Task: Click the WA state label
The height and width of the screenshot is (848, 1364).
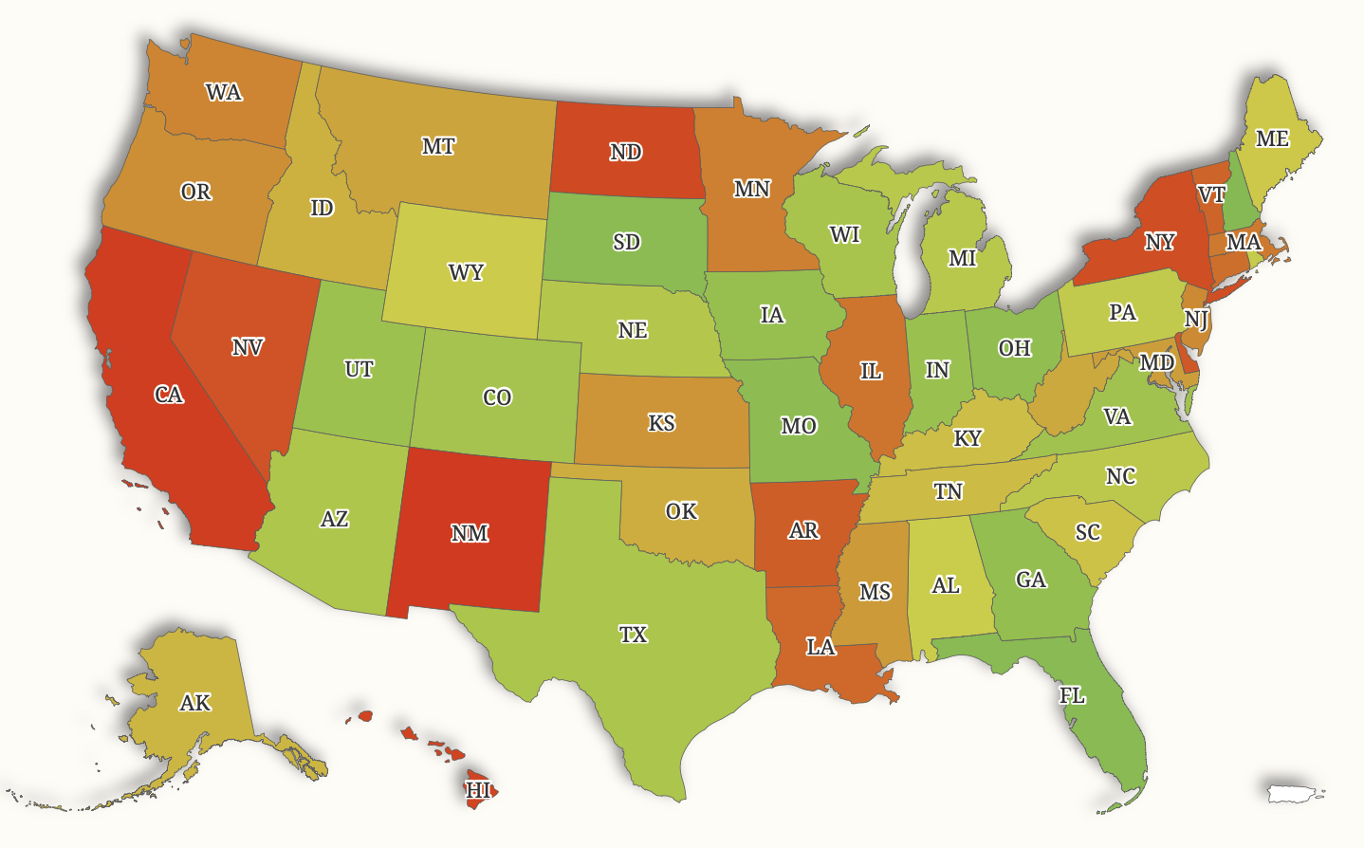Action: point(224,93)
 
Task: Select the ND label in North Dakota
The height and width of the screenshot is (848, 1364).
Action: point(625,152)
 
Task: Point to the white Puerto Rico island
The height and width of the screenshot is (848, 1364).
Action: point(1294,792)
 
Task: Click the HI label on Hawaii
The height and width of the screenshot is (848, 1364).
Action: point(479,789)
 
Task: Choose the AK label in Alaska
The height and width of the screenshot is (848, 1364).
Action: point(195,703)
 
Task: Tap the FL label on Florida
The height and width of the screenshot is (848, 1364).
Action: point(1072,695)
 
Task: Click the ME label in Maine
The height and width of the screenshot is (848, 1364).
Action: point(1272,139)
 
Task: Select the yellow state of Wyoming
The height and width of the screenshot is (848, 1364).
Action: point(466,273)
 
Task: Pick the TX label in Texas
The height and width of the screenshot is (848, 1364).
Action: point(633,635)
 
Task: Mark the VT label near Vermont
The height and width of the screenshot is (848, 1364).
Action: point(1211,195)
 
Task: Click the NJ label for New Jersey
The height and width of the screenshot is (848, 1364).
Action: point(1195,320)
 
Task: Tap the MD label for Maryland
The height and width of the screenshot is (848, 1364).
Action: point(1156,362)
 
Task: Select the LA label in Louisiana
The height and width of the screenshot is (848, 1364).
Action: point(820,647)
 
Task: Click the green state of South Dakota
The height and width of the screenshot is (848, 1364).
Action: point(626,242)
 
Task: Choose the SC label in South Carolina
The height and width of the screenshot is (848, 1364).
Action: point(1088,532)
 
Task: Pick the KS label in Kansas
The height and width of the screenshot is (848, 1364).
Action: point(661,423)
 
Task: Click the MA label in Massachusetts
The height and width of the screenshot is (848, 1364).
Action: point(1243,242)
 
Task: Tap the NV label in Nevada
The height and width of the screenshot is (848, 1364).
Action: point(248,347)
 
